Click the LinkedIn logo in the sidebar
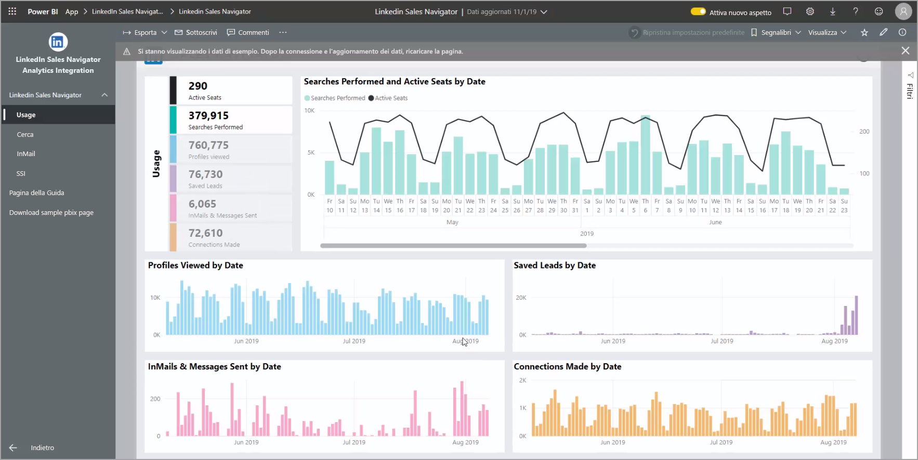pos(58,42)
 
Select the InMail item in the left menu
pos(26,154)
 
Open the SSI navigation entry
pos(21,174)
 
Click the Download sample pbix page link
pos(51,213)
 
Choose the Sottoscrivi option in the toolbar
pos(196,33)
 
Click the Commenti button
pos(248,33)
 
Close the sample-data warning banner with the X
pos(905,50)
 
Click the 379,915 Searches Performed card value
pos(208,116)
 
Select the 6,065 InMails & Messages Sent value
pos(202,204)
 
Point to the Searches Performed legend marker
pos(307,98)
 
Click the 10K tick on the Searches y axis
pos(309,111)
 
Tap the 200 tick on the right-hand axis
pos(864,132)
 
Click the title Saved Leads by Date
pos(555,265)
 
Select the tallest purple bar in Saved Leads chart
pos(856,315)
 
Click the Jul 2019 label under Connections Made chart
pos(721,442)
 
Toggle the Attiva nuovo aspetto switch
pos(698,11)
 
